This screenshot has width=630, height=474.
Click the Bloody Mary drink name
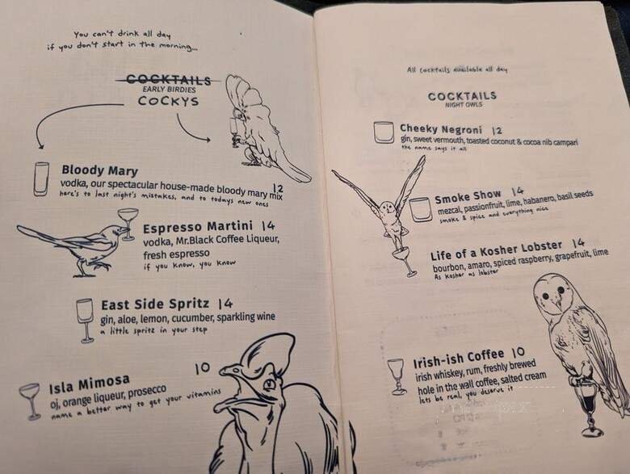click(x=99, y=171)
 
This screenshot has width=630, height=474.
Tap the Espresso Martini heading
click(x=197, y=226)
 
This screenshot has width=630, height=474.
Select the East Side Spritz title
click(x=155, y=304)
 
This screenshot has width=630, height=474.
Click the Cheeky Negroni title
click(x=440, y=129)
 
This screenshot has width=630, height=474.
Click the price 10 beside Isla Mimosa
click(x=202, y=368)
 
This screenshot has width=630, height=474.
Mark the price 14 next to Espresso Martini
click(x=268, y=225)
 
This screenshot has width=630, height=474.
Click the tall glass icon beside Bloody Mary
click(x=41, y=178)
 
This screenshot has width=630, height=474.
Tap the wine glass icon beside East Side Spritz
click(x=85, y=319)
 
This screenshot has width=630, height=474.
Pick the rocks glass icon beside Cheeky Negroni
click(x=384, y=132)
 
